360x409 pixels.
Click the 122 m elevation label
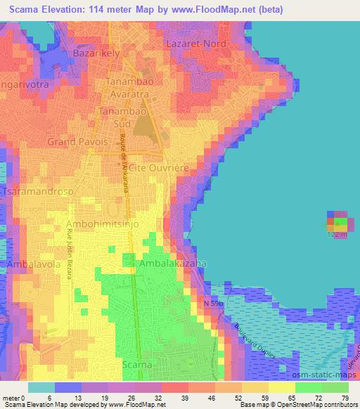coord(338,235)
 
